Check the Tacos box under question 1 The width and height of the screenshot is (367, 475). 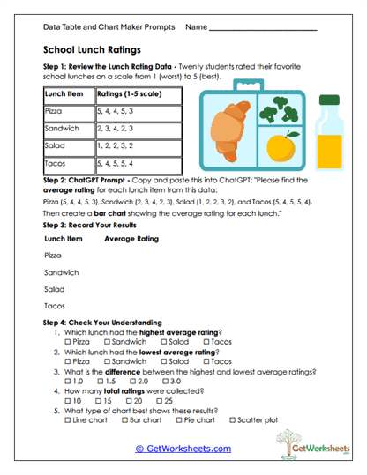pos(206,341)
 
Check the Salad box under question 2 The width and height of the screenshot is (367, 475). pos(164,361)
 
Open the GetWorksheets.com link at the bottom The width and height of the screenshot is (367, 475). pos(183,449)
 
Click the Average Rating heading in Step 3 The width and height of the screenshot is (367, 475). pos(131,239)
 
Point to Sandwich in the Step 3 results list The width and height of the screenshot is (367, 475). pos(61,272)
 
